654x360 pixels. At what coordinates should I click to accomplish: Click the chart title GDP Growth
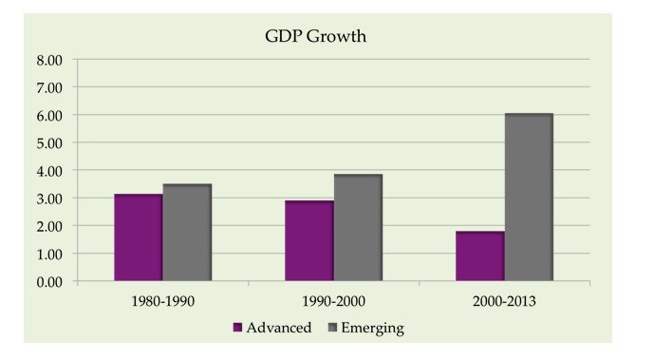[x=316, y=36]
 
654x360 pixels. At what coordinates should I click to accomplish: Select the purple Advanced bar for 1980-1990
[x=139, y=237]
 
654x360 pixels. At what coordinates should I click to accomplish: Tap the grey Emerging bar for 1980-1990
[x=187, y=233]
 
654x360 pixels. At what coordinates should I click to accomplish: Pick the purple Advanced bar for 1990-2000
[x=309, y=240]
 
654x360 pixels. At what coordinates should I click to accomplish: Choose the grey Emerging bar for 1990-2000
[x=358, y=228]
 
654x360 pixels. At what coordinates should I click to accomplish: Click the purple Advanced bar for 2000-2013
[x=480, y=256]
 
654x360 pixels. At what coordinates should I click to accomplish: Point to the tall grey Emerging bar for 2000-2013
[x=529, y=198]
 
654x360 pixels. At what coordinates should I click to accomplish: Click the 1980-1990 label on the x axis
[x=163, y=301]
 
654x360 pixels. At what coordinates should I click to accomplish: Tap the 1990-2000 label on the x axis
[x=334, y=301]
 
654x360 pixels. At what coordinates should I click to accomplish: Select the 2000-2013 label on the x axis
[x=504, y=301]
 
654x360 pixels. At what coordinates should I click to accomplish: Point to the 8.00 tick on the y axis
[x=49, y=60]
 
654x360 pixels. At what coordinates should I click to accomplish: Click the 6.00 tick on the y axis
[x=49, y=116]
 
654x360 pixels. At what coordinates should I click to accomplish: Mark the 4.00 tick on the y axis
[x=49, y=171]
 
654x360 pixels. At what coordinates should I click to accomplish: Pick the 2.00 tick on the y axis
[x=49, y=226]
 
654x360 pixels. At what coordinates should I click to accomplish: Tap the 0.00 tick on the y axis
[x=49, y=282]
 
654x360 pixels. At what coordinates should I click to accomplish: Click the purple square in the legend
[x=237, y=328]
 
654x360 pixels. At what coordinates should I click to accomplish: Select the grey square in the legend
[x=332, y=328]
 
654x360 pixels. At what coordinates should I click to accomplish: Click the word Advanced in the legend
[x=279, y=328]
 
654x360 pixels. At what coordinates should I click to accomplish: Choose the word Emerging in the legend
[x=372, y=329]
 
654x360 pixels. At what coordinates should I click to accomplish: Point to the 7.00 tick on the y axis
[x=49, y=88]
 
